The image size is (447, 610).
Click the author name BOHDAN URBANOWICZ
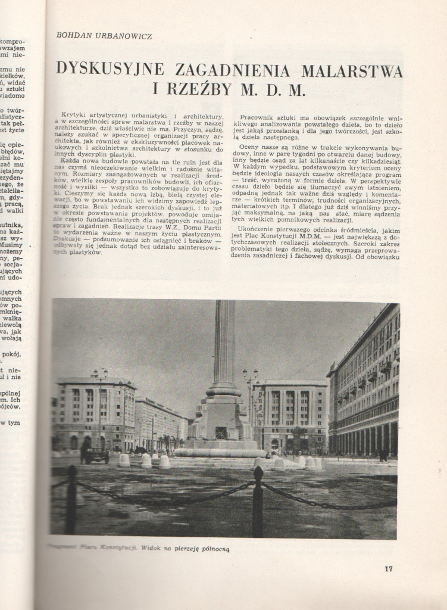click(104, 36)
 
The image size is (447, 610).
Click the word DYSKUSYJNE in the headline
click(117, 70)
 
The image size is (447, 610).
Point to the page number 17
click(388, 569)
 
